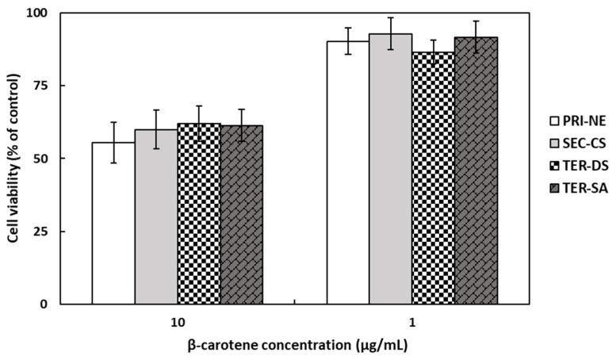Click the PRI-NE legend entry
pyautogui.click(x=580, y=121)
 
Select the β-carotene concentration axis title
pyautogui.click(x=295, y=347)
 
